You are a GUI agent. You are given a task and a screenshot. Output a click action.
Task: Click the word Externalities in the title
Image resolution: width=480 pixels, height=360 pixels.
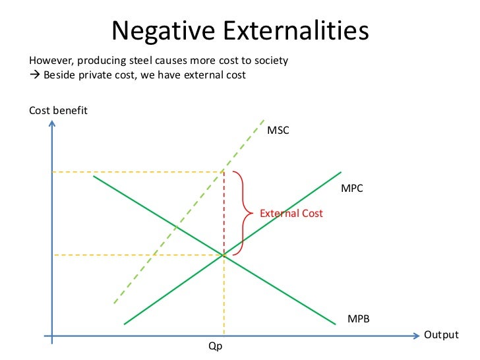click(x=293, y=30)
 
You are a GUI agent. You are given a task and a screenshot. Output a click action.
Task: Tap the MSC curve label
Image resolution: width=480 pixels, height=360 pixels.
click(x=278, y=130)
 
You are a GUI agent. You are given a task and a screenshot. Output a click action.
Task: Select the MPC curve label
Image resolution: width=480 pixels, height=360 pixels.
click(x=352, y=188)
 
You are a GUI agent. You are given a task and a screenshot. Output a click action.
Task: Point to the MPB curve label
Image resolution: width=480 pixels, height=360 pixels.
click(x=359, y=318)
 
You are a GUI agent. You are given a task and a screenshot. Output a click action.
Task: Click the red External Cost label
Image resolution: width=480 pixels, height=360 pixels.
click(x=291, y=214)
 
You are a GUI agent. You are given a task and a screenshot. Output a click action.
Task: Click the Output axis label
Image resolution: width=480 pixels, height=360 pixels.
click(x=440, y=335)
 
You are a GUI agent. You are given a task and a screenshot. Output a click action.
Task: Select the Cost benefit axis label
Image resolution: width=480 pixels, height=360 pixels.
click(x=58, y=110)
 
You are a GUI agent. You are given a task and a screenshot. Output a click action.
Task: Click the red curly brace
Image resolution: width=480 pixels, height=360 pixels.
click(x=245, y=213)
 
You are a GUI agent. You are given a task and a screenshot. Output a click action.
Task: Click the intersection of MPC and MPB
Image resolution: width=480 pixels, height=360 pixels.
click(x=224, y=255)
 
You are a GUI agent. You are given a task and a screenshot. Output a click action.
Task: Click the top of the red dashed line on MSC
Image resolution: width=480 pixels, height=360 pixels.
click(x=224, y=172)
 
